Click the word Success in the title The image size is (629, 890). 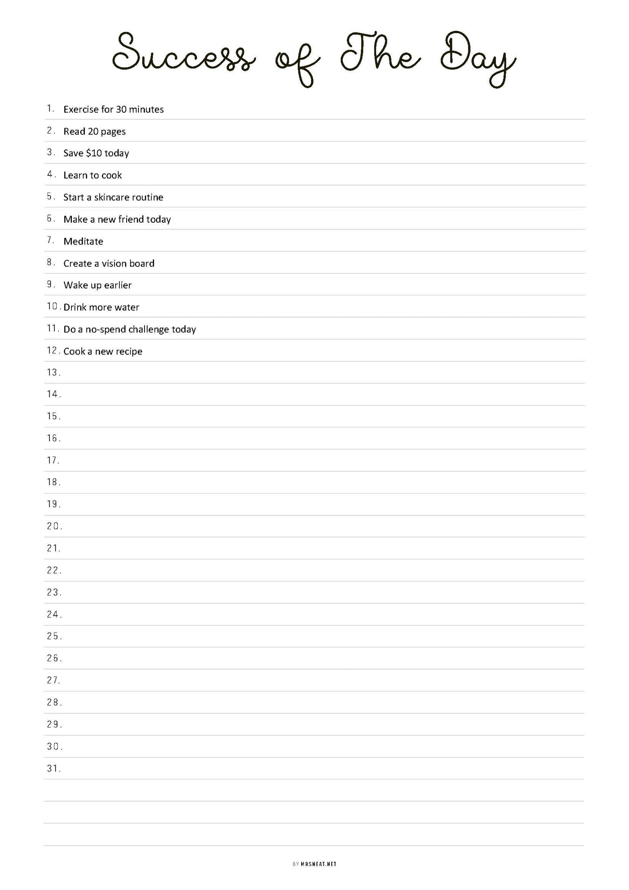tap(183, 57)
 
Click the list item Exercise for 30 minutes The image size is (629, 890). tap(114, 109)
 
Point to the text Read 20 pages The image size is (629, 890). tap(94, 132)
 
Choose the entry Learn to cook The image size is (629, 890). tap(93, 175)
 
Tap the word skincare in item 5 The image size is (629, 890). tap(111, 197)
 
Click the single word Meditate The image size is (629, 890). tap(83, 241)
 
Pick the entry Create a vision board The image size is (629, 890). tap(109, 264)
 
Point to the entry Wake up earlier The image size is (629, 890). tap(98, 285)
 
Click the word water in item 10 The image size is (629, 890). tap(127, 308)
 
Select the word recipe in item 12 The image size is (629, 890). tap(129, 352)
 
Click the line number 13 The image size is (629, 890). tap(53, 372)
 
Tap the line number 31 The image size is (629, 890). tap(53, 768)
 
